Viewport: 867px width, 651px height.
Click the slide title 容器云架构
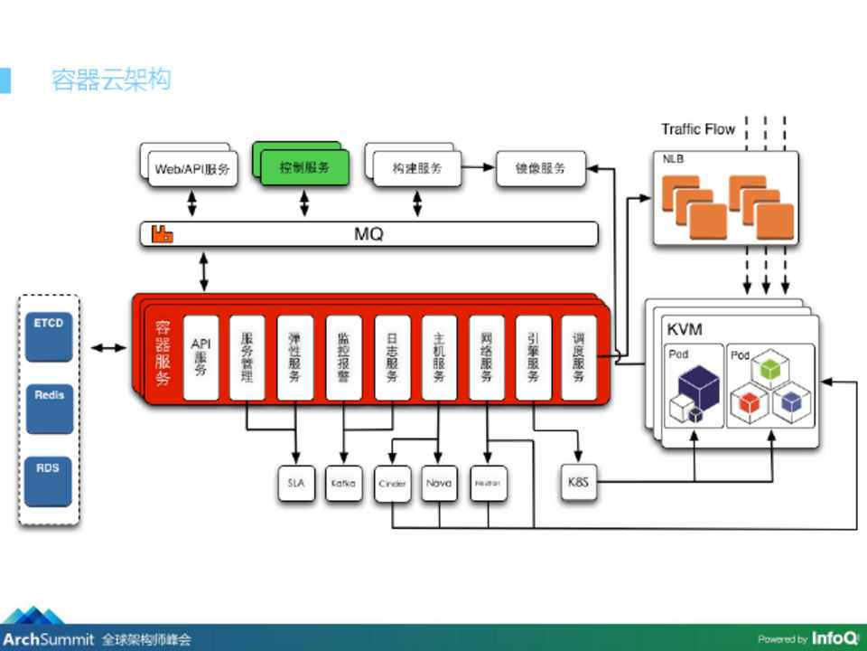[111, 80]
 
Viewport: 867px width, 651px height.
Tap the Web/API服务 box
[191, 168]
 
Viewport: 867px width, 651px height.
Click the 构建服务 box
[416, 168]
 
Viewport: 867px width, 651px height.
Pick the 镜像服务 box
[540, 168]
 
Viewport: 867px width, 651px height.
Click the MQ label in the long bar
[368, 234]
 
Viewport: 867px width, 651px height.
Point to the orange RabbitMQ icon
[163, 234]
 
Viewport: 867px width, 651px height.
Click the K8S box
[578, 483]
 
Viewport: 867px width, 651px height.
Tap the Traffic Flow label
[698, 129]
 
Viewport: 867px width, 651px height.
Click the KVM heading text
[684, 328]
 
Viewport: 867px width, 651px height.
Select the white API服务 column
[200, 357]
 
